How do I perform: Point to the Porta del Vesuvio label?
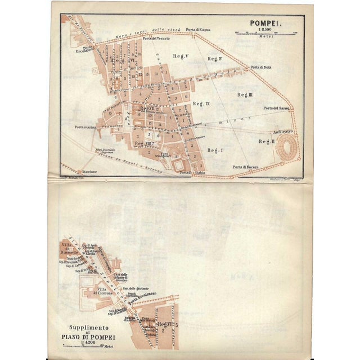pos(156,39)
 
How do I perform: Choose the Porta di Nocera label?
pos(246,167)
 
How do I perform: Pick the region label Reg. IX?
pos(201,104)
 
